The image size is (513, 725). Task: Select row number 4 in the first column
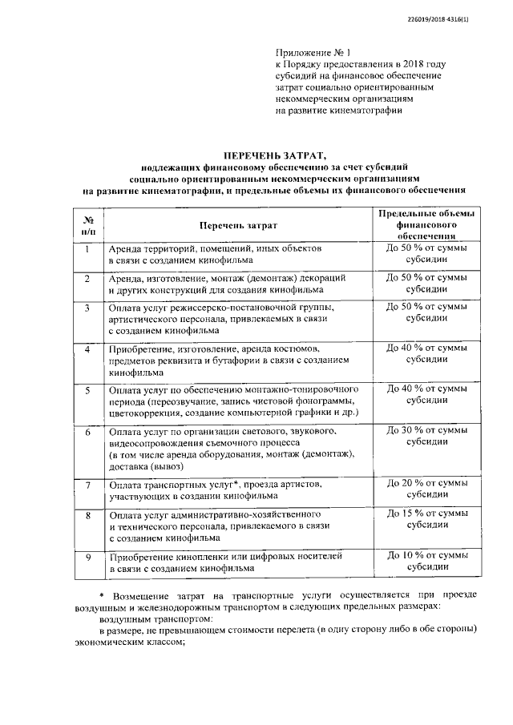pyautogui.click(x=88, y=349)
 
